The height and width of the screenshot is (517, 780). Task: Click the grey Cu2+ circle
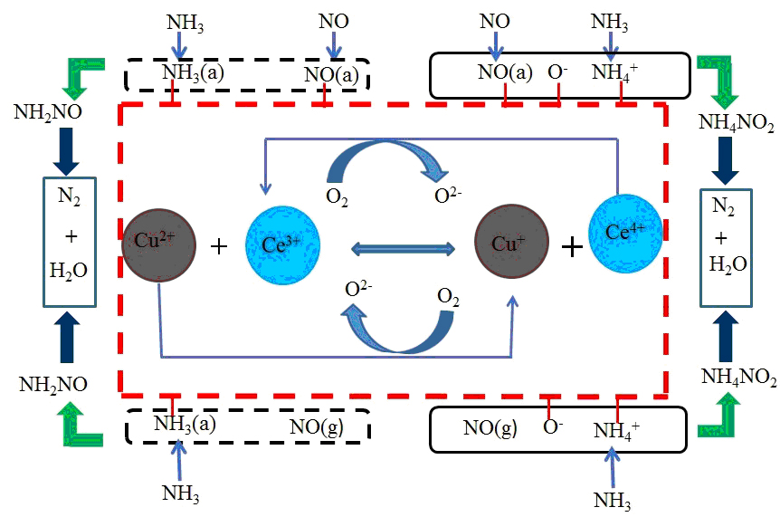coord(159,245)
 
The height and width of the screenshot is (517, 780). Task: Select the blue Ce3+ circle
coord(282,245)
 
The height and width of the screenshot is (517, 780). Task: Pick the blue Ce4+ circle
coord(625,233)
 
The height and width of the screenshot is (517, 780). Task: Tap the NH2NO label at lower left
coord(54,384)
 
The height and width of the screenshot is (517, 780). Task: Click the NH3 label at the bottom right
coord(614,499)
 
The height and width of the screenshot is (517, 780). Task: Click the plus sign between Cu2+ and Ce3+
coord(218,246)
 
